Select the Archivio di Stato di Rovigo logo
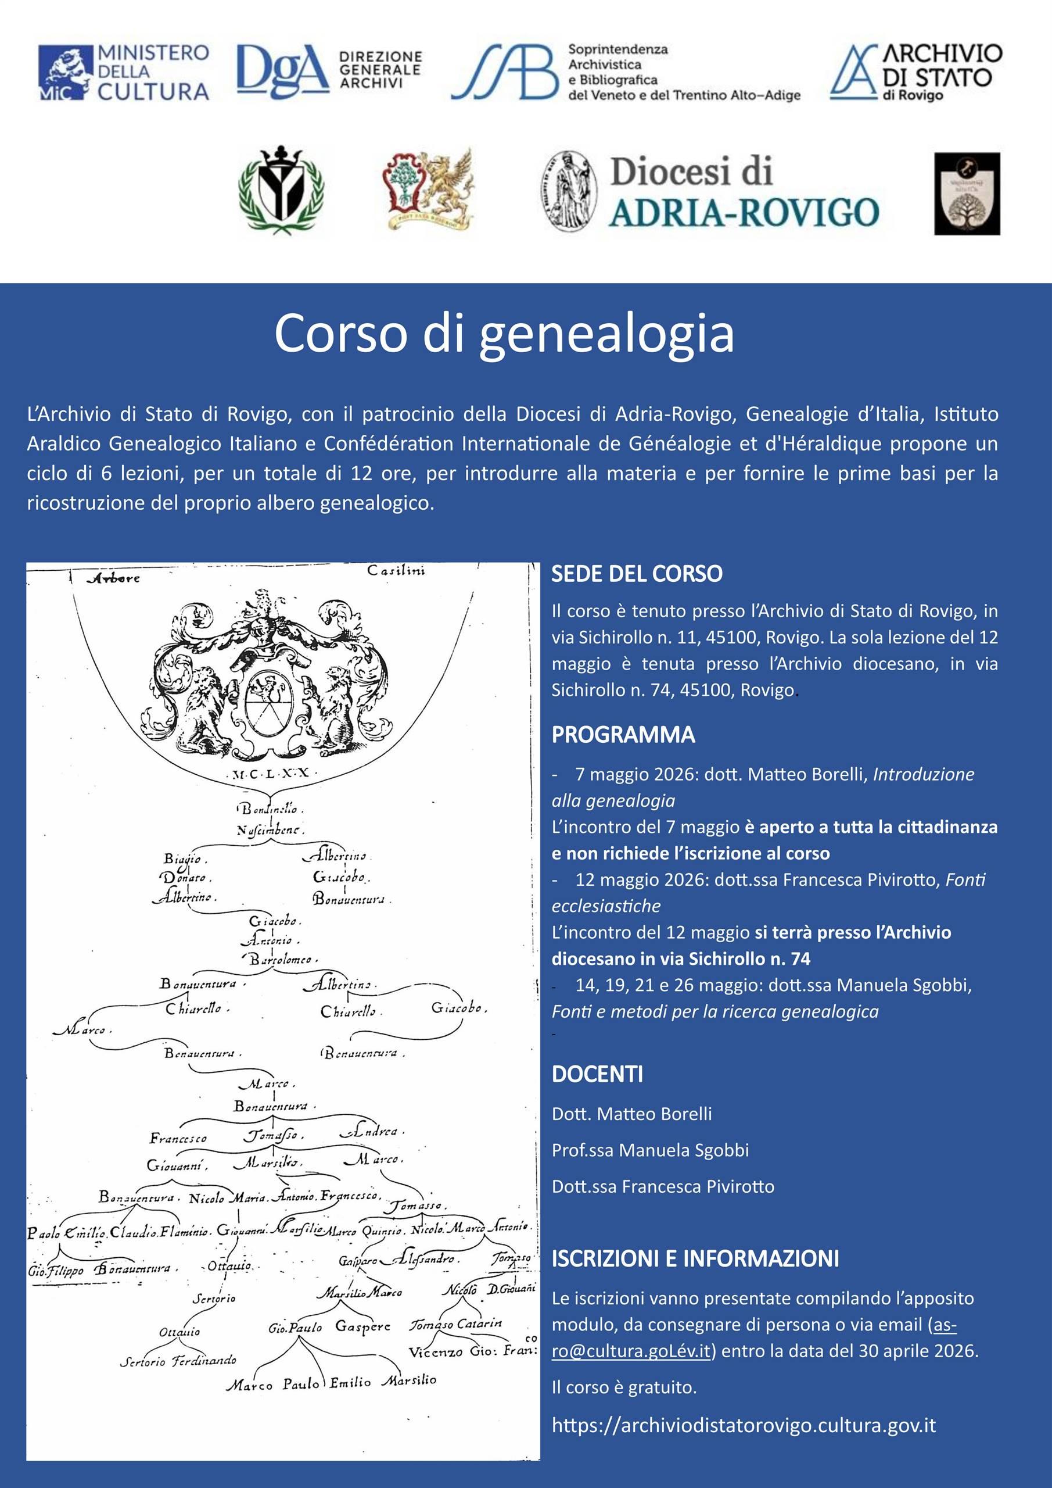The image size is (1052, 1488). (x=915, y=72)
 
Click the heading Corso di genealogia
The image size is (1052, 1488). (x=504, y=334)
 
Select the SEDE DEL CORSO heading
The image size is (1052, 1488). (x=637, y=574)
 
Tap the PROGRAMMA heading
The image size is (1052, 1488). (x=623, y=735)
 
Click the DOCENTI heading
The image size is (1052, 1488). (x=597, y=1075)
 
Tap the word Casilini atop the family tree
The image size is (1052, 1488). (x=396, y=571)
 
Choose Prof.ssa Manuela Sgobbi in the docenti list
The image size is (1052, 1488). (x=649, y=1150)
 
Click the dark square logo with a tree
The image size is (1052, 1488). (x=967, y=193)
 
